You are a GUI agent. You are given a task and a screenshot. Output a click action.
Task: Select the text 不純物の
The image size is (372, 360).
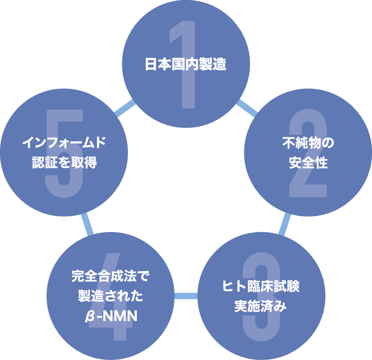click(308, 144)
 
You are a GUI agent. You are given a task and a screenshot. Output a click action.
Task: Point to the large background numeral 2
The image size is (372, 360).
click(309, 183)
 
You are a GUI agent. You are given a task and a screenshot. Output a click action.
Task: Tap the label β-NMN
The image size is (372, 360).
click(110, 316)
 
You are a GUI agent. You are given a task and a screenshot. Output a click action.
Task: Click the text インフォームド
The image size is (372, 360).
click(64, 143)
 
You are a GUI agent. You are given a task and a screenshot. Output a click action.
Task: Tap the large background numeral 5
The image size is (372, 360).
click(64, 183)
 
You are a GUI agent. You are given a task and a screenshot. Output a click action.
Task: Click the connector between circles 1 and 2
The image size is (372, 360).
click(247, 108)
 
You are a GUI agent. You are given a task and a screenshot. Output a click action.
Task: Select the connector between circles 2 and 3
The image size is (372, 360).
click(284, 225)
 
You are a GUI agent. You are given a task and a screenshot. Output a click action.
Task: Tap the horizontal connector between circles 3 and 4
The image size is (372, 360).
click(186, 296)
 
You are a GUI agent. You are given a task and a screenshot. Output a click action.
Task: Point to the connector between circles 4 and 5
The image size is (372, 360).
click(87, 225)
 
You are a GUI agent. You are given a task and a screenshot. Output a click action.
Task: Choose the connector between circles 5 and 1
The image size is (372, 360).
click(125, 108)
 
